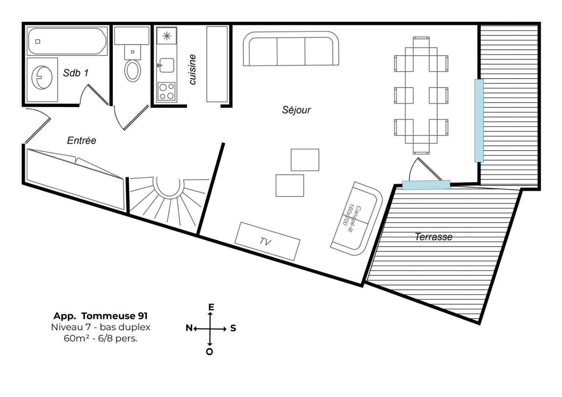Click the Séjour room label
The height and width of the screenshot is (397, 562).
296,110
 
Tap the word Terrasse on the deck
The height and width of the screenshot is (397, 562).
434,237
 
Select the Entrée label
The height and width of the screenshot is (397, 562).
81,140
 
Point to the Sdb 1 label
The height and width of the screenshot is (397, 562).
76,73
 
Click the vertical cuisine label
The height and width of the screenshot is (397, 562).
192,69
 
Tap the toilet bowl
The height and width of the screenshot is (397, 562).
132,71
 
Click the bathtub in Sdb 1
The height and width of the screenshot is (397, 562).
67,41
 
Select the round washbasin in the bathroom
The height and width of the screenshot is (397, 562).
42,77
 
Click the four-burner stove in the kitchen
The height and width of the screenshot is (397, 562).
167,91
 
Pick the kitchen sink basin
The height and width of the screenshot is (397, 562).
167,65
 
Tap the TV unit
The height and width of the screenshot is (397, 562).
267,241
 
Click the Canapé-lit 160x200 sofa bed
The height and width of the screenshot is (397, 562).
356,219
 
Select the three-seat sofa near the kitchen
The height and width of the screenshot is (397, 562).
291,49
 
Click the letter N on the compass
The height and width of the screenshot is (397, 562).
189,328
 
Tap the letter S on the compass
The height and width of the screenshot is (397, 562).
233,328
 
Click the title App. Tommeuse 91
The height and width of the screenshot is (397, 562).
101,316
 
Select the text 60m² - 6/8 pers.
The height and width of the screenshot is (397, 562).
100,338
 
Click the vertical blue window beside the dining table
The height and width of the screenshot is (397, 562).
479,121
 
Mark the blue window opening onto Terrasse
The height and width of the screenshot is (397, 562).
426,185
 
